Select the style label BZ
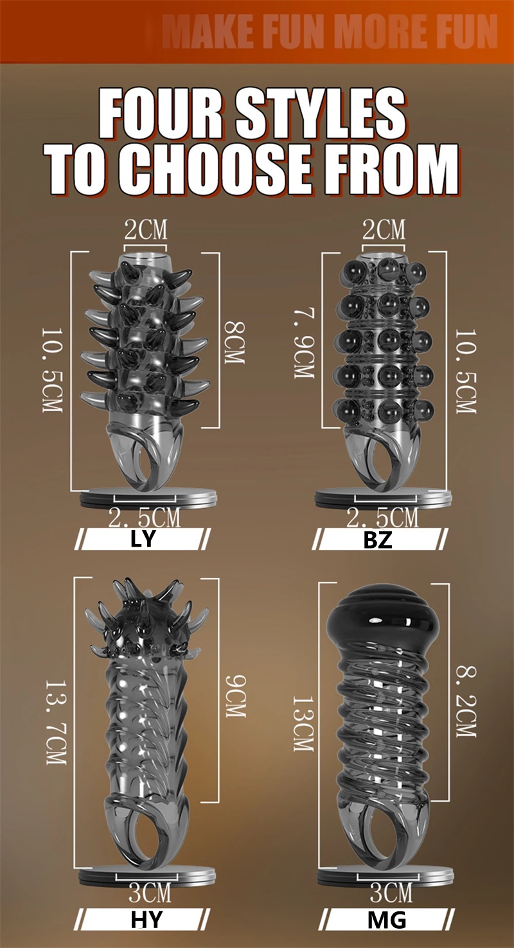click(x=377, y=540)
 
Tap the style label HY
click(x=146, y=920)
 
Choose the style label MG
click(x=387, y=920)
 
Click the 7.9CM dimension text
click(x=303, y=340)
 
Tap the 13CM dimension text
click(x=302, y=723)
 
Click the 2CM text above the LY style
click(x=145, y=229)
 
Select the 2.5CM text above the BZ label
click(x=382, y=517)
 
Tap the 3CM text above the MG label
click(x=391, y=893)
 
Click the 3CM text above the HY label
click(x=149, y=893)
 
